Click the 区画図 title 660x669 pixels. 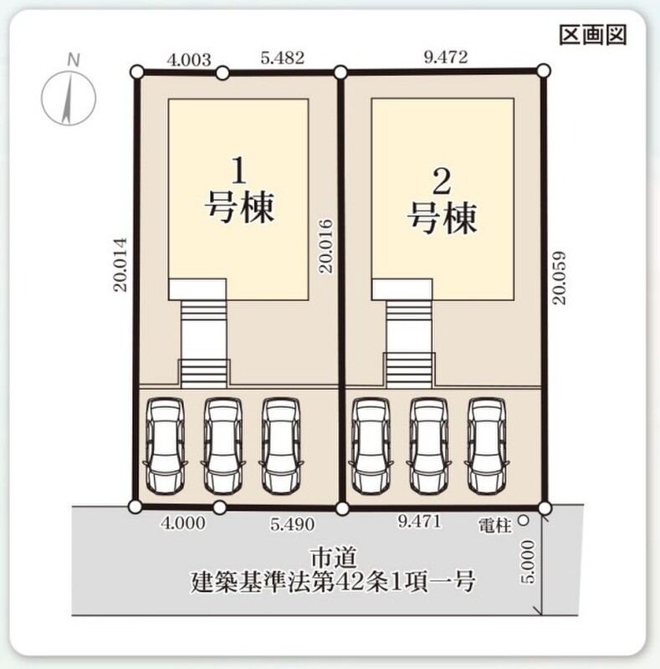(x=593, y=35)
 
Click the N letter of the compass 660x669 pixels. (x=74, y=60)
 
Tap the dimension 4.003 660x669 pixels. (x=189, y=59)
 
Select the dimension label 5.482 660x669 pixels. (x=283, y=58)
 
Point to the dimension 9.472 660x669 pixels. (x=446, y=57)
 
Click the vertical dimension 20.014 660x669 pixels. (x=120, y=265)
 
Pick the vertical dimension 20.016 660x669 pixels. (x=325, y=246)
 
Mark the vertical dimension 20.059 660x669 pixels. (x=559, y=278)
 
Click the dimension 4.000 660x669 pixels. (x=183, y=523)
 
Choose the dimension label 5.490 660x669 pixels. (x=293, y=524)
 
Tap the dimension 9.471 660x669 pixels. (x=419, y=521)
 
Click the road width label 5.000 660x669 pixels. (x=528, y=561)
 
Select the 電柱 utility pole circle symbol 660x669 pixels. (x=523, y=520)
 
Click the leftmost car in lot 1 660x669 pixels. (x=166, y=447)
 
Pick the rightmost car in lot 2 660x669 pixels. (x=488, y=447)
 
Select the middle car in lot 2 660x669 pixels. (x=429, y=447)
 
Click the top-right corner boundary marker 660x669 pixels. (x=544, y=71)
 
